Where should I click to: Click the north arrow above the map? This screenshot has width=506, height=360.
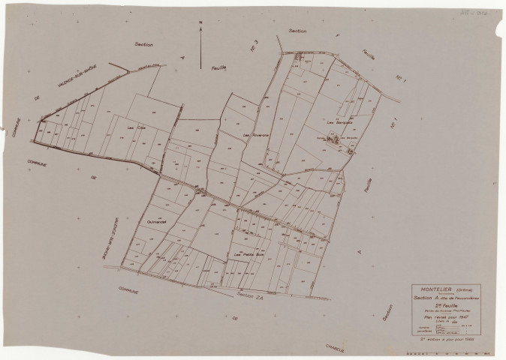point(201,49)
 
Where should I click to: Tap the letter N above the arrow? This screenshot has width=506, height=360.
point(201,23)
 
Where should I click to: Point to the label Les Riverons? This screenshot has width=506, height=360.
point(256,135)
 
